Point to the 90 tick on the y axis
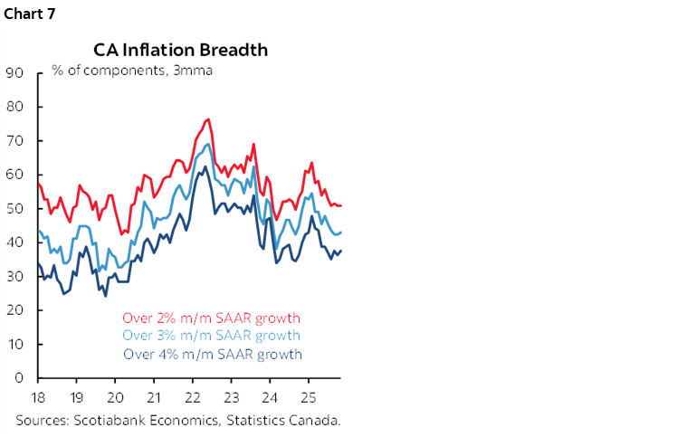point(14,73)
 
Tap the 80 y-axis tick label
point(14,107)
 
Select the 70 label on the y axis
point(14,141)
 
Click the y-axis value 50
point(14,209)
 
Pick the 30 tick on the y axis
point(14,277)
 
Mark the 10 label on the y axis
point(14,345)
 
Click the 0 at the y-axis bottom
point(19,378)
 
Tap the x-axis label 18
point(38,397)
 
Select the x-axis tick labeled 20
point(115,397)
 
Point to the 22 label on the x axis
point(193,397)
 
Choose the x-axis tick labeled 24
point(270,397)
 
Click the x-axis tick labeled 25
point(309,397)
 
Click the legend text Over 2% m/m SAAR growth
point(212,318)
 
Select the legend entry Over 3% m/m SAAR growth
point(212,336)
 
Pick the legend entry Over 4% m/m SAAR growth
point(212,354)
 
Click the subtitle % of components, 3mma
point(132,70)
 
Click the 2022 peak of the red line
point(208,119)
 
